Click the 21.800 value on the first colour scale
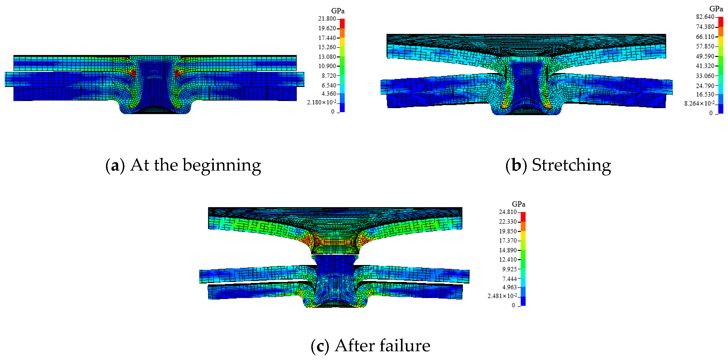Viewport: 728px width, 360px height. point(327,19)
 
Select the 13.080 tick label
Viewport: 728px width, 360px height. point(327,57)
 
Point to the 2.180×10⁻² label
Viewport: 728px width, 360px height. point(322,102)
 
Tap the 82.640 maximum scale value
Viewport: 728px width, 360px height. point(705,17)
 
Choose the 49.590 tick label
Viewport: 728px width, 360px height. point(705,56)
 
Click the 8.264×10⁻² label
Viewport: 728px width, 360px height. point(699,103)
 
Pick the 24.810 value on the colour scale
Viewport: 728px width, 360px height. point(508,212)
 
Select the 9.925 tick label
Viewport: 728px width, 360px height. point(509,269)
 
